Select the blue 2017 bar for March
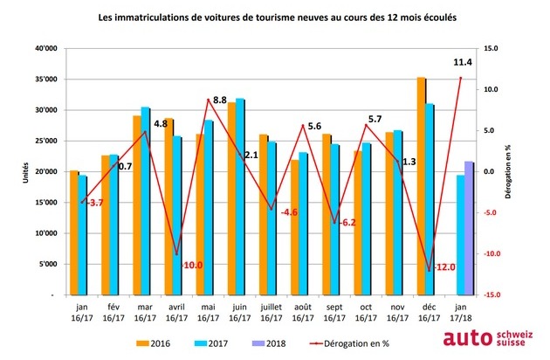pos(147,201)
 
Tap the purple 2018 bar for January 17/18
pos(469,228)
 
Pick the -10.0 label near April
pos(192,265)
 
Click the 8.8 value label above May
pos(220,100)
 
